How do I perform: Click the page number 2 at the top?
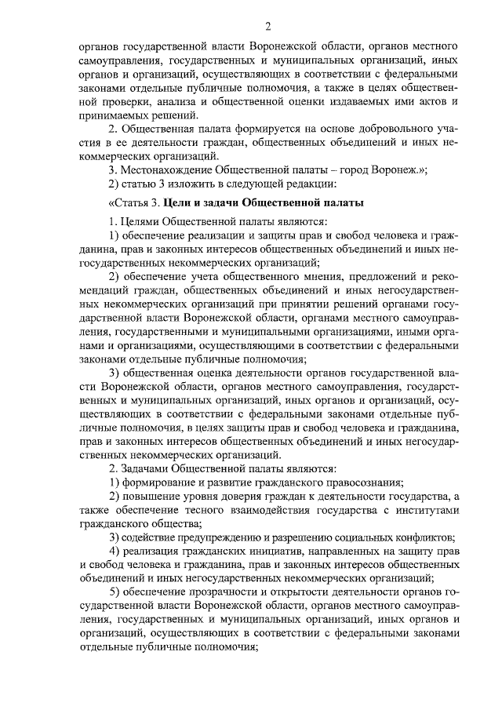pos(267,28)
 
